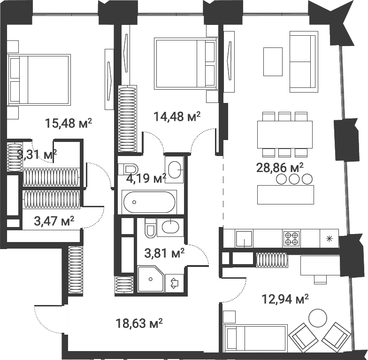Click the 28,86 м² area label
tap(280, 167)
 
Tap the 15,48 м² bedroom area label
tap(68, 124)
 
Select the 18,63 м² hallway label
tap(139, 323)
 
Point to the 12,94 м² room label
tap(285, 298)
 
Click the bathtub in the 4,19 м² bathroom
tap(149, 202)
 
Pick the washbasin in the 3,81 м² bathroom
tap(168, 227)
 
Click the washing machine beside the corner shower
tap(175, 283)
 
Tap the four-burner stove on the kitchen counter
tap(291, 238)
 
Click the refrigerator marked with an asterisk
tap(329, 238)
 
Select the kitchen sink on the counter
tap(244, 238)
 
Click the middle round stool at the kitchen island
tap(294, 179)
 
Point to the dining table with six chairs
tap(285, 134)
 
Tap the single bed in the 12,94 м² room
tap(255, 337)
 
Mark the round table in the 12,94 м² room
tap(318, 319)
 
